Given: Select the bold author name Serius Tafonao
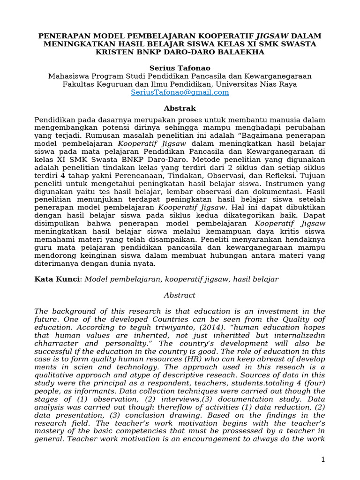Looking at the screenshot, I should [180, 68].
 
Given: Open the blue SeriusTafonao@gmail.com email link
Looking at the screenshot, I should [180, 92].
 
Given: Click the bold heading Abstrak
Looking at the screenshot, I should [180, 108].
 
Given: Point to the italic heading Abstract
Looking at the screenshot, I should [180, 295].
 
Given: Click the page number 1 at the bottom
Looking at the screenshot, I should [322, 459].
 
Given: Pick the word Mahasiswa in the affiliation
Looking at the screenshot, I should [67, 76].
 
